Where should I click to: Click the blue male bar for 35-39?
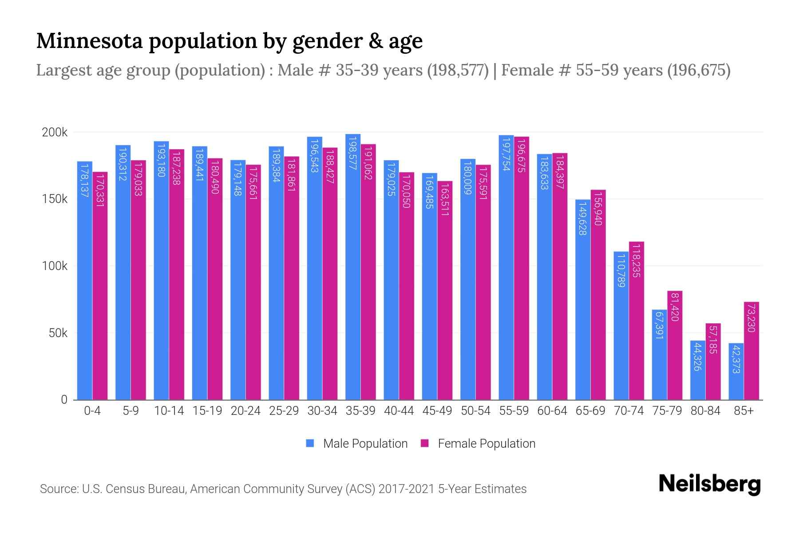[x=353, y=266]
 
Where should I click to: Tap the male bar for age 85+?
[x=736, y=371]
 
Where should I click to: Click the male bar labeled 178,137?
[x=85, y=280]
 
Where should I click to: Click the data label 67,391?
[x=659, y=326]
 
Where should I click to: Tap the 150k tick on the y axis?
[x=55, y=199]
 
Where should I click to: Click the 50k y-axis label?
[x=58, y=333]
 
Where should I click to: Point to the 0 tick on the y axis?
[x=64, y=399]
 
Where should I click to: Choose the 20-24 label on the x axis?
[x=245, y=411]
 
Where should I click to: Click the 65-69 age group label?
[x=590, y=411]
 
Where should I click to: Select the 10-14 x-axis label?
[x=169, y=411]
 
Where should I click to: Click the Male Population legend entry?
[x=365, y=443]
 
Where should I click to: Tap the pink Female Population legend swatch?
[x=425, y=443]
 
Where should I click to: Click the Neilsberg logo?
[x=709, y=484]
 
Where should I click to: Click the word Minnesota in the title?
[x=89, y=41]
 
